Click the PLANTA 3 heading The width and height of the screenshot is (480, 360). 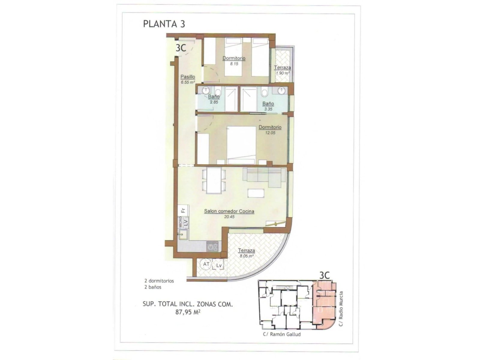coord(164,24)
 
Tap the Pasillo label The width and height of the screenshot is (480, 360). coord(187,77)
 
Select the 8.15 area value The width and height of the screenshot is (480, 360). coord(234,64)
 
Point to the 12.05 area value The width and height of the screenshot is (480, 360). coord(270,133)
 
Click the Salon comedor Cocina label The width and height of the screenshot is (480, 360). coord(229,211)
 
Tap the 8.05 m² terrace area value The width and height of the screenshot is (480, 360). coord(247,256)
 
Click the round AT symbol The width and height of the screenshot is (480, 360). coord(206,264)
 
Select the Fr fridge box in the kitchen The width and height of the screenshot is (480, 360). coord(183,211)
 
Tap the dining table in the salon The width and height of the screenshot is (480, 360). coord(214,180)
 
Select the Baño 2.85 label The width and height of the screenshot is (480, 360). coord(214,99)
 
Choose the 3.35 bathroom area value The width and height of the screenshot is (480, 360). coord(268,109)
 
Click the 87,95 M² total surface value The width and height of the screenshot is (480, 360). coord(188,312)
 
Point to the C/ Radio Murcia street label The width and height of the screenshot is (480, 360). coord(341,309)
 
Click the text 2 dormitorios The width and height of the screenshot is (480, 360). coord(159,281)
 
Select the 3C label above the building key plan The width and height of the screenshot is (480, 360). coord(325,275)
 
